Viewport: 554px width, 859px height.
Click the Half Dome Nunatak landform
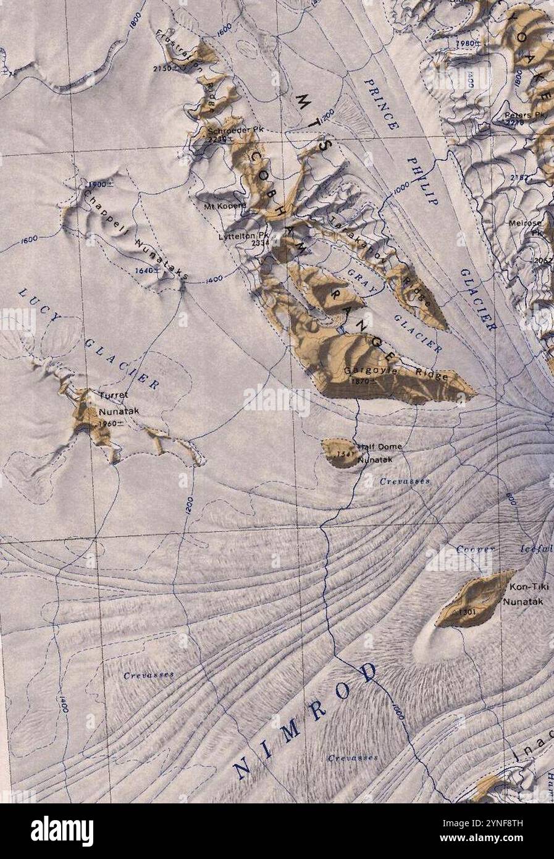338,453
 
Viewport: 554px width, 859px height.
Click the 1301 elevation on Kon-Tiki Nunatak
468,611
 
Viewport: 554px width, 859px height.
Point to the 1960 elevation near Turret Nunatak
109,423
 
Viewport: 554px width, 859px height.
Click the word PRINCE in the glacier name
380,103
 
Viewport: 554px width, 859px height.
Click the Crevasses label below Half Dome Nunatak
405,481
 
